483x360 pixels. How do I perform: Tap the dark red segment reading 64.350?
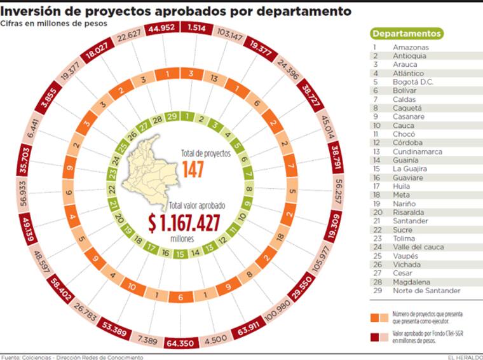(181, 343)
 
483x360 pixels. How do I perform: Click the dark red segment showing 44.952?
(163, 28)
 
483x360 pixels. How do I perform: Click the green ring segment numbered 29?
(172, 116)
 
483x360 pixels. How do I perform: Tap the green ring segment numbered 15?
(180, 254)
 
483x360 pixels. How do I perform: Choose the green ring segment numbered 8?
(249, 189)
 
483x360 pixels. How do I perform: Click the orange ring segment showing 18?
(280, 237)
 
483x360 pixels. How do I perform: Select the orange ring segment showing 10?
(132, 287)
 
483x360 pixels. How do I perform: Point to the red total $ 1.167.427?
(184, 223)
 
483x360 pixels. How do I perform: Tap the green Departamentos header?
(406, 34)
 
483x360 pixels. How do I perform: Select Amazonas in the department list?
(410, 47)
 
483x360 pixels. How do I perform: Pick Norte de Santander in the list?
(426, 291)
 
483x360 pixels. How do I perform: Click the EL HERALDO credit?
(463, 357)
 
